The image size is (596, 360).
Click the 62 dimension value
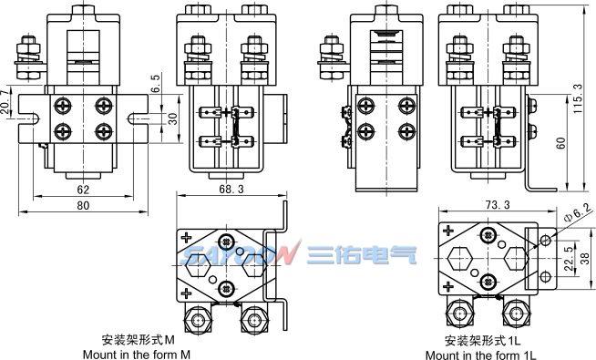click(x=83, y=190)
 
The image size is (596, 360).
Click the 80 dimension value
click(x=83, y=206)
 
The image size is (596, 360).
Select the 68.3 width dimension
click(x=231, y=189)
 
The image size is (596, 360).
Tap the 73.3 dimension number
click(x=497, y=205)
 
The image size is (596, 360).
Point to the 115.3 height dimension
click(x=578, y=98)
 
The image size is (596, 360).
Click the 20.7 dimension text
click(x=5, y=102)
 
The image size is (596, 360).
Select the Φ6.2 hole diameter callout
click(x=579, y=212)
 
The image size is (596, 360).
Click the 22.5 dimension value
click(x=569, y=259)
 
